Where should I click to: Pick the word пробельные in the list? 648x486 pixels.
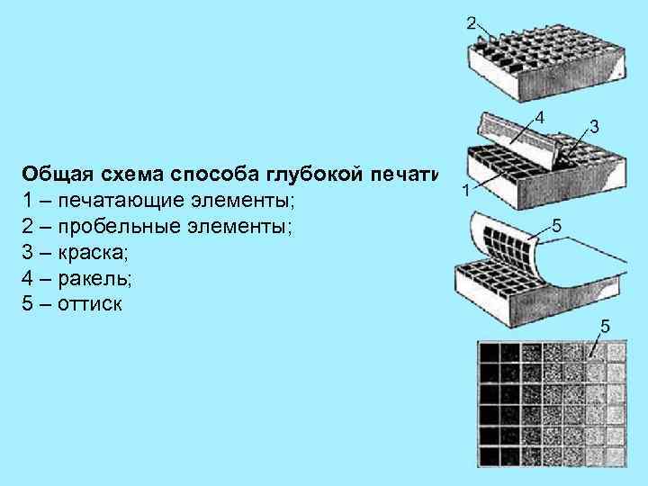coord(111,224)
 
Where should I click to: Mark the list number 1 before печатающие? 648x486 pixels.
coord(28,198)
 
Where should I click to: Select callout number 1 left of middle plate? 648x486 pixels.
coord(464,190)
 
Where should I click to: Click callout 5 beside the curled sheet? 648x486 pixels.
coord(557,227)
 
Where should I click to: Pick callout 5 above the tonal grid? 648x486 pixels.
coord(606,325)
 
